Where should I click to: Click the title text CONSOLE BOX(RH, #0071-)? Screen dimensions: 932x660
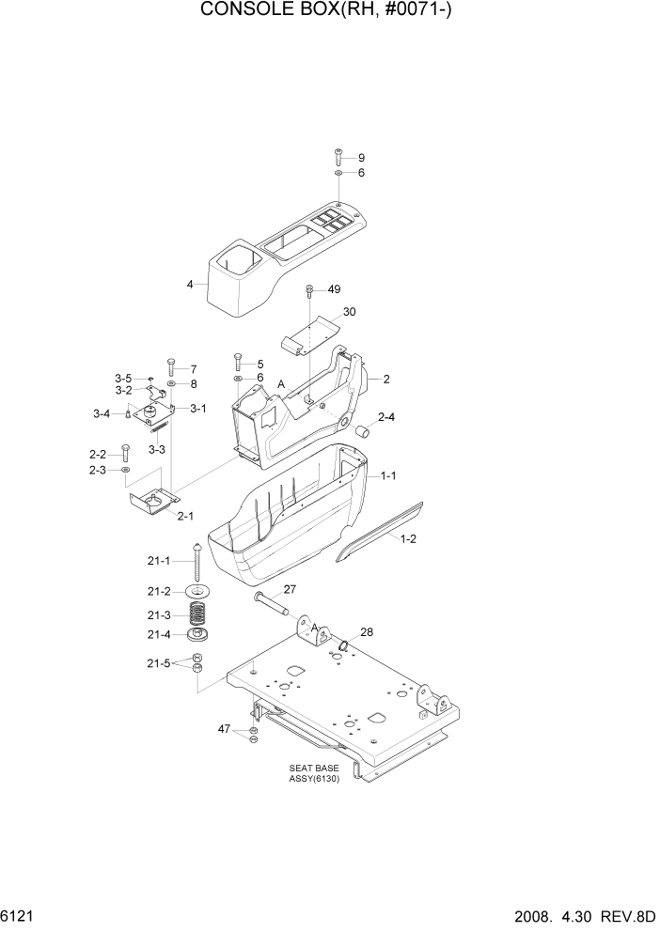pos(329,12)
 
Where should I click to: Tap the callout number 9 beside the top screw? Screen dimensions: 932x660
pos(361,157)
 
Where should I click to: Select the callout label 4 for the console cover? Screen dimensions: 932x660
pos(190,284)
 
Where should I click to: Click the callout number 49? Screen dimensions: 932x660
pos(334,288)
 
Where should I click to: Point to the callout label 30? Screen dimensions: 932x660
pos(349,311)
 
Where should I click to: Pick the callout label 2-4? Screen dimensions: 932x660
pos(386,416)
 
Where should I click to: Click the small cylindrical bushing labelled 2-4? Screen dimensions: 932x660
pos(361,432)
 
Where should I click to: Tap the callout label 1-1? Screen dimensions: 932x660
pos(387,476)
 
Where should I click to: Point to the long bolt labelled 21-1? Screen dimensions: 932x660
pos(199,565)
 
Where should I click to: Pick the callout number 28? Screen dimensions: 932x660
pos(365,632)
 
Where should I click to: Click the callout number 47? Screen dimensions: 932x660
pos(224,728)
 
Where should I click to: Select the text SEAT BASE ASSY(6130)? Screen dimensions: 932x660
pos(314,773)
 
